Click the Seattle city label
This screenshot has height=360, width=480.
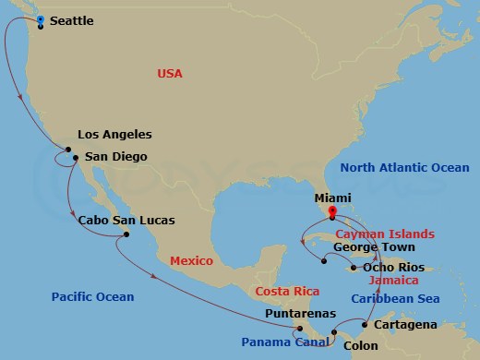[x=72, y=20]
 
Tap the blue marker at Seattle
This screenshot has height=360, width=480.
[x=40, y=19]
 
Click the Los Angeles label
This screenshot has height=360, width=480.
[x=114, y=135]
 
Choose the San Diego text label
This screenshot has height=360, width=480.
[x=115, y=157]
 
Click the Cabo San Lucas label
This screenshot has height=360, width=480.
[x=126, y=220]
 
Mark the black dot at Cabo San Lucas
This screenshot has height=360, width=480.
[x=126, y=234]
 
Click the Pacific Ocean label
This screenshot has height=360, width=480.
[x=93, y=297]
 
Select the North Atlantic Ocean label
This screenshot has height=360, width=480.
[x=404, y=167]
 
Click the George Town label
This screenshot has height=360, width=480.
[x=374, y=247]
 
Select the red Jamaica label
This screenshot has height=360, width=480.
[x=393, y=280]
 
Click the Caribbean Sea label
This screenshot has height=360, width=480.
[x=394, y=299]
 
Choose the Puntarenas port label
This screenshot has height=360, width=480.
[x=293, y=314]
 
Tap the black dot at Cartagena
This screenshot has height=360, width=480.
[x=366, y=325]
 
